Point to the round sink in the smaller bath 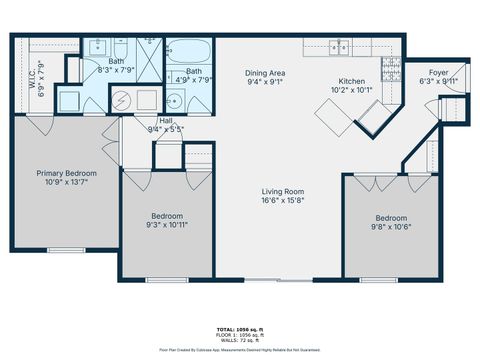click(174, 100)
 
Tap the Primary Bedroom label click(61, 172)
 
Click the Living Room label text click(283, 191)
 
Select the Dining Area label click(266, 73)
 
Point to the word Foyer click(438, 72)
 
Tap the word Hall click(165, 120)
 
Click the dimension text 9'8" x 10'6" click(391, 227)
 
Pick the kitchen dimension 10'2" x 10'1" click(355, 89)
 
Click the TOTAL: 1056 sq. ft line click(239, 327)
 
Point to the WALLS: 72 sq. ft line click(239, 340)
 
